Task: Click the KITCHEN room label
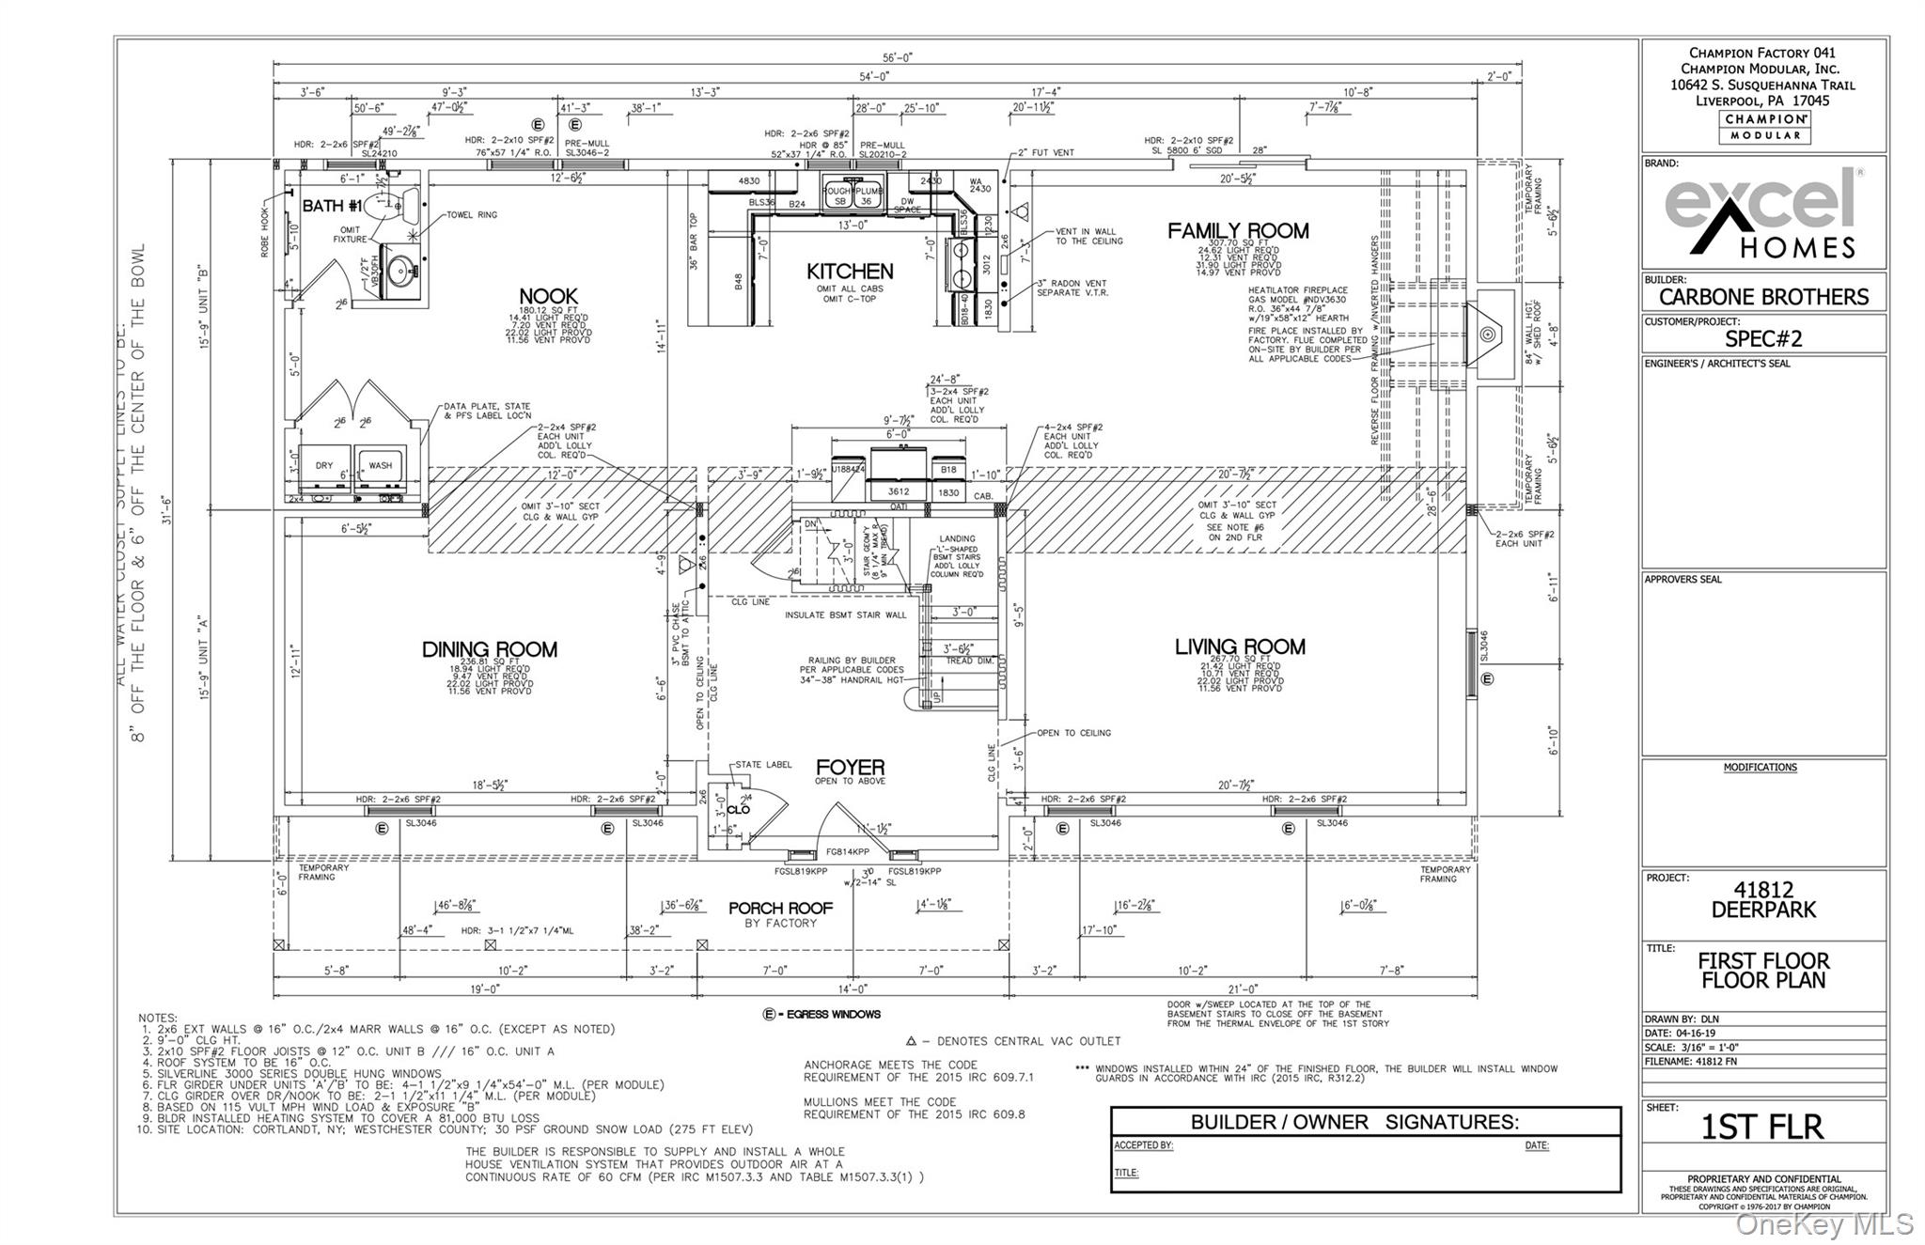coord(850,272)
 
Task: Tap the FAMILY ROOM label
coord(1238,231)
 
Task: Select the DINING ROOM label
coord(489,649)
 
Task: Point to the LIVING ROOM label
coord(1240,646)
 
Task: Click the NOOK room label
coord(548,296)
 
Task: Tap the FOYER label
coord(850,768)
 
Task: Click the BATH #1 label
coord(332,206)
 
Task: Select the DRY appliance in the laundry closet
coord(324,466)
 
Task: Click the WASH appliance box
coord(380,466)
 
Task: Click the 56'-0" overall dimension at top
coord(898,58)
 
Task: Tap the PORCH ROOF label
coord(780,909)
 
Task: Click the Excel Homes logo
coord(1763,212)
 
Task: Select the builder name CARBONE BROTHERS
coord(1763,297)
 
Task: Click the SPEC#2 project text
coord(1763,338)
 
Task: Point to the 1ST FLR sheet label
coord(1761,1127)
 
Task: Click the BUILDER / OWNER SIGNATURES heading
coord(1354,1122)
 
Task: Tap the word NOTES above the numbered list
coord(158,1018)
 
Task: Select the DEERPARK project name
coord(1763,910)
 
